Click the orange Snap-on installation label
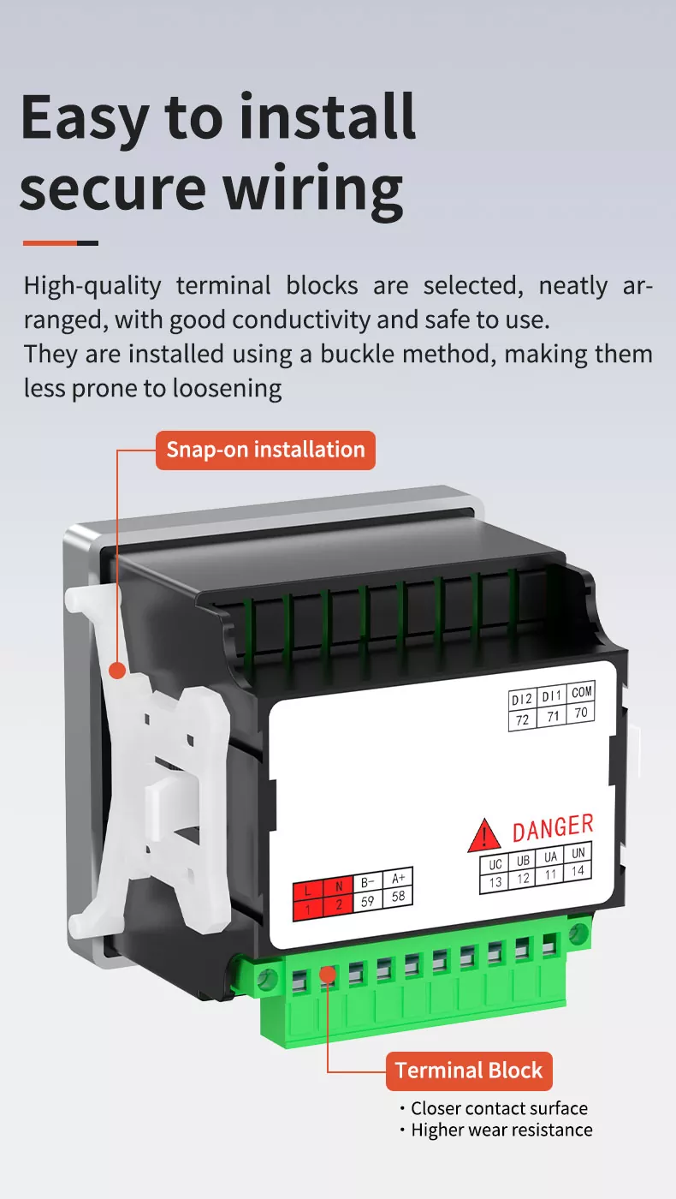pos(265,450)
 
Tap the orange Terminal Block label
pos(469,1071)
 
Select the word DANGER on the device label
pos(553,827)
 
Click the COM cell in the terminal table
pos(582,692)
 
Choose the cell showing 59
pos(367,901)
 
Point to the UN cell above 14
pos(578,853)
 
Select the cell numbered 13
pos(495,882)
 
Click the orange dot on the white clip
pos(117,670)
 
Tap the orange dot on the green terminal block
pos(327,974)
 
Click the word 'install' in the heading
pos(328,116)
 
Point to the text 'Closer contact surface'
pos(499,1108)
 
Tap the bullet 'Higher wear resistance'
pos(496,1130)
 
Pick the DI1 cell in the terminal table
pos(552,695)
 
